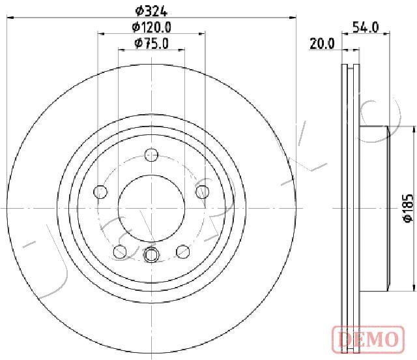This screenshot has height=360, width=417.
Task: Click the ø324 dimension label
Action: pos(151,11)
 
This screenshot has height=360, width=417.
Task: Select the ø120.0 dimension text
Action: pos(152,27)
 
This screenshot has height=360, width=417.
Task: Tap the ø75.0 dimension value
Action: pos(152,44)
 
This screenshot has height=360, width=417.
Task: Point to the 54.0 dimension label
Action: pos(366,27)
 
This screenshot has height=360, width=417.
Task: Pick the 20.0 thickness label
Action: pos(322,44)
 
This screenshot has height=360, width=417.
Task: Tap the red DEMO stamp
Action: pos(368,339)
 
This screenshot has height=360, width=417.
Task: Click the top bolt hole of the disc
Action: pos(151,155)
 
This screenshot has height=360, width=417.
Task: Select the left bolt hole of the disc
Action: pos(100,192)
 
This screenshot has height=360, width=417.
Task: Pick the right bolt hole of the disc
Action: pos(203,192)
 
